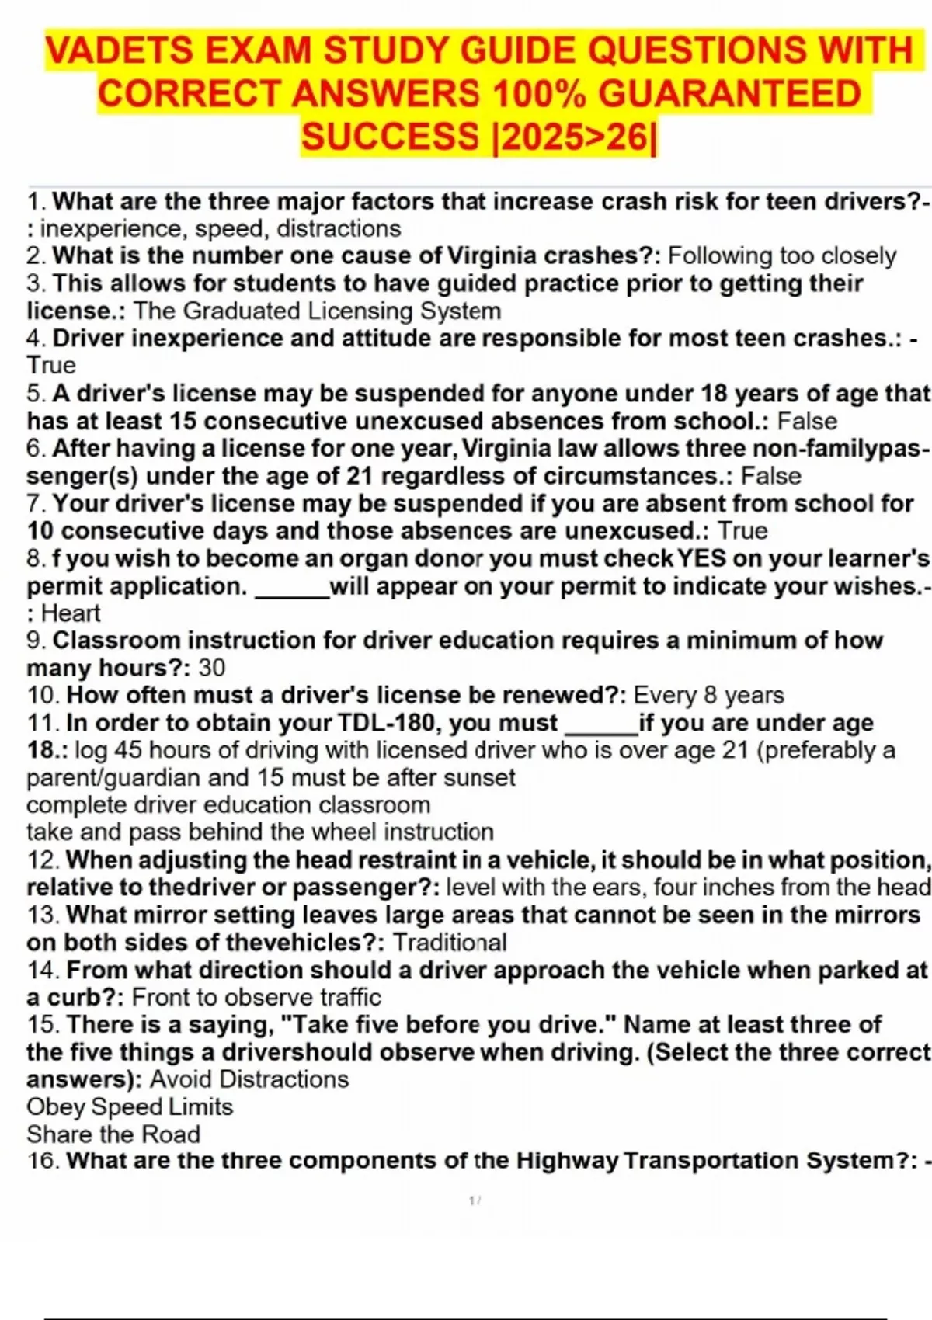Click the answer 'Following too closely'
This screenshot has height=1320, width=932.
point(781,256)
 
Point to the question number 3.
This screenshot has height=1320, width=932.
point(36,283)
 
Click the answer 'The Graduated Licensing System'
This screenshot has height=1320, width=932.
point(317,311)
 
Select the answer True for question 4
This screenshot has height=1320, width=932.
point(51,366)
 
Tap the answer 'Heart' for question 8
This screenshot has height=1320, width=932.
point(70,613)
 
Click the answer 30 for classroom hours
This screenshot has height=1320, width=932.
point(212,668)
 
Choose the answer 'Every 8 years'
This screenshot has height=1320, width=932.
point(708,695)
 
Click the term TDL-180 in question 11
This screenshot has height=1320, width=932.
point(386,723)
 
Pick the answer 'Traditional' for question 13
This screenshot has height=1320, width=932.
point(450,943)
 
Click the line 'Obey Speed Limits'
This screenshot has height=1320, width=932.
point(130,1107)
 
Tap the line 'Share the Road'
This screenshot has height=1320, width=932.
point(113,1134)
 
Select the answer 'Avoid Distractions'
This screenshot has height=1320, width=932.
point(249,1079)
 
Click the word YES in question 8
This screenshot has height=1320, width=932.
point(702,559)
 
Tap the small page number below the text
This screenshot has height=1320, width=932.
point(475,1200)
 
